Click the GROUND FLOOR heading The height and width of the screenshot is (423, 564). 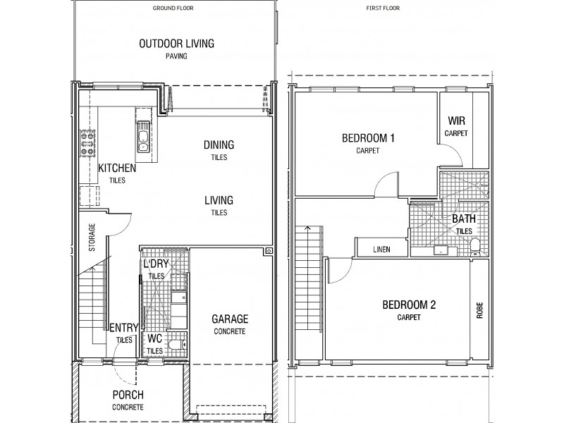[174, 8]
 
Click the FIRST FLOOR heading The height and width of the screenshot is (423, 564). [385, 8]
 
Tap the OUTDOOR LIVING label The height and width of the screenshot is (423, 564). [176, 44]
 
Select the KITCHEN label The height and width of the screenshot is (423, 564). [117, 168]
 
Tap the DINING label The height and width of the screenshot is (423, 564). [219, 145]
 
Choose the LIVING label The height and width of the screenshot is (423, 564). [219, 200]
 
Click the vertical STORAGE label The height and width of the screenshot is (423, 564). [91, 238]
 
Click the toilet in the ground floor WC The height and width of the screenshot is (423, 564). [176, 345]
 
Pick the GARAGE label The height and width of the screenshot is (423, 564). [230, 319]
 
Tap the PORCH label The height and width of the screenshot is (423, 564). [128, 395]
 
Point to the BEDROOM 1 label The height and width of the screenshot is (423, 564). [367, 138]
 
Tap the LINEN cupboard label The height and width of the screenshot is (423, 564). [381, 250]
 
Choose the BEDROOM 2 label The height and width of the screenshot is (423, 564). [409, 305]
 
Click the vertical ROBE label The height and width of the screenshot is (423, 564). [479, 310]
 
